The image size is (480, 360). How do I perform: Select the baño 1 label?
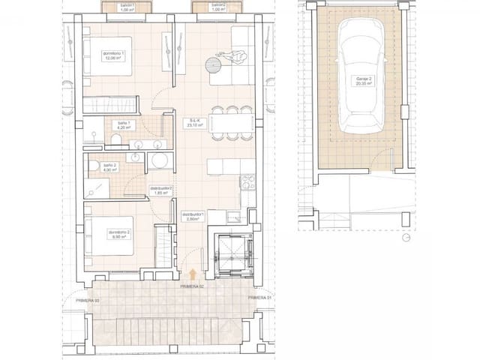tap(122, 125)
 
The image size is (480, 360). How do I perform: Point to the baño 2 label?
tap(109, 167)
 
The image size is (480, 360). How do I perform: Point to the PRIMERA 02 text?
tap(193, 286)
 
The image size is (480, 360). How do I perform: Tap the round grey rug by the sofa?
tap(212, 66)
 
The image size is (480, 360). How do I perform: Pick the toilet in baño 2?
tap(93, 166)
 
